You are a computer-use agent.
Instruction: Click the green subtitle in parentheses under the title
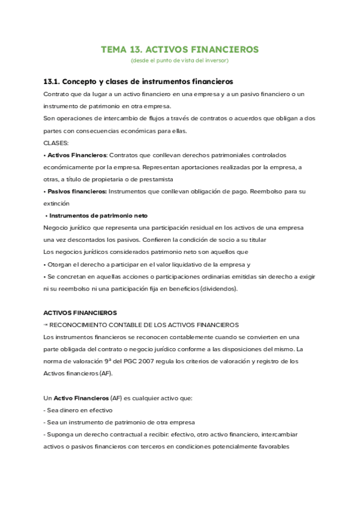(x=179, y=60)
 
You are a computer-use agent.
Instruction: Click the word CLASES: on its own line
(x=56, y=143)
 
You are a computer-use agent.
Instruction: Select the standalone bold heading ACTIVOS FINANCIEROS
(x=80, y=313)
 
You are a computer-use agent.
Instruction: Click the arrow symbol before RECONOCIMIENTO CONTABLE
(x=46, y=325)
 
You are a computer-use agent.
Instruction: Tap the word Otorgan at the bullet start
(x=61, y=264)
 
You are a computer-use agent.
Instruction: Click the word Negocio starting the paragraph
(x=57, y=227)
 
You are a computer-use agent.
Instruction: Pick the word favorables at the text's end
(x=270, y=446)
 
